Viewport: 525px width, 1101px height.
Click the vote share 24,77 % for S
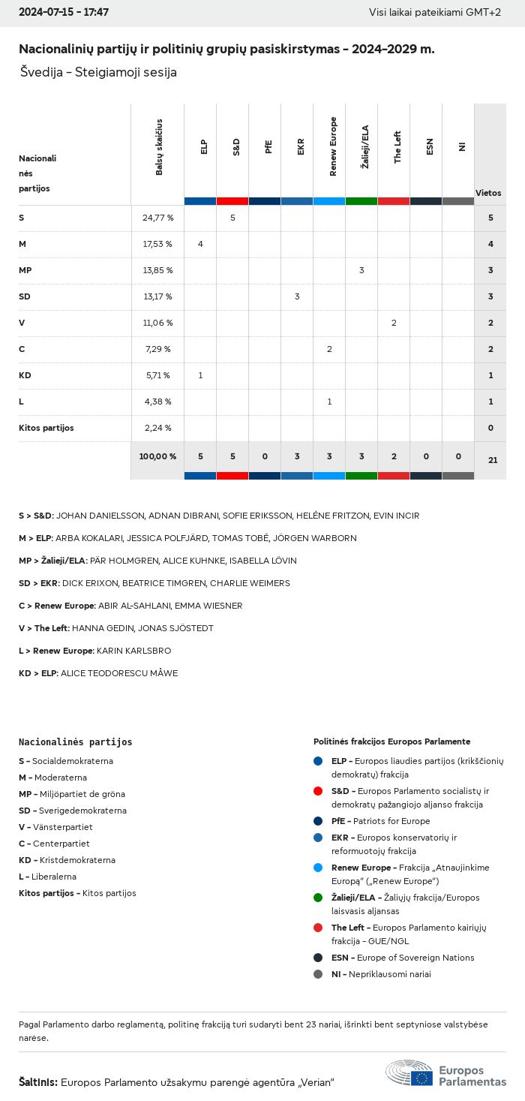[157, 218]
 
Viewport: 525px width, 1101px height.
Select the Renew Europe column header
[333, 147]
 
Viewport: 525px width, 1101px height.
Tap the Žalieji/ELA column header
[365, 147]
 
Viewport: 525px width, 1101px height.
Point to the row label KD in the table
[25, 375]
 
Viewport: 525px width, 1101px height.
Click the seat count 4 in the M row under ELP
[200, 244]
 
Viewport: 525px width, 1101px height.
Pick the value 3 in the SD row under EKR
[297, 296]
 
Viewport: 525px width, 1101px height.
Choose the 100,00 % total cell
[157, 456]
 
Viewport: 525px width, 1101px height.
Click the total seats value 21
[492, 460]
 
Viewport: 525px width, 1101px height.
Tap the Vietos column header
[488, 193]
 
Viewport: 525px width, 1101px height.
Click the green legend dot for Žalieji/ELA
[318, 898]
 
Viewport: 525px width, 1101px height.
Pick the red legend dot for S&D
[318, 791]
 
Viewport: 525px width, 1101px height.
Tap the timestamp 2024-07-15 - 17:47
[64, 13]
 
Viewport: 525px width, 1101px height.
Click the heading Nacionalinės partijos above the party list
[75, 742]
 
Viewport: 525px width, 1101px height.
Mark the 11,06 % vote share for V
[157, 323]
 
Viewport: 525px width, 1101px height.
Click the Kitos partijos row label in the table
[46, 428]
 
